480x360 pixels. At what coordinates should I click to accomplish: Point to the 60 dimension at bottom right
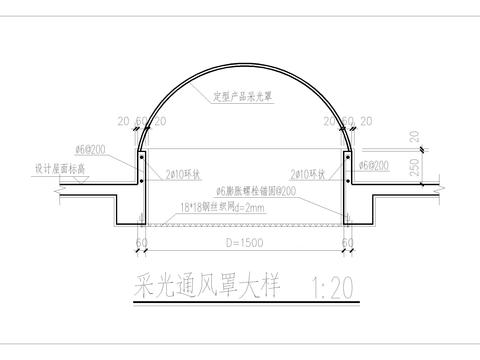pyautogui.click(x=349, y=242)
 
